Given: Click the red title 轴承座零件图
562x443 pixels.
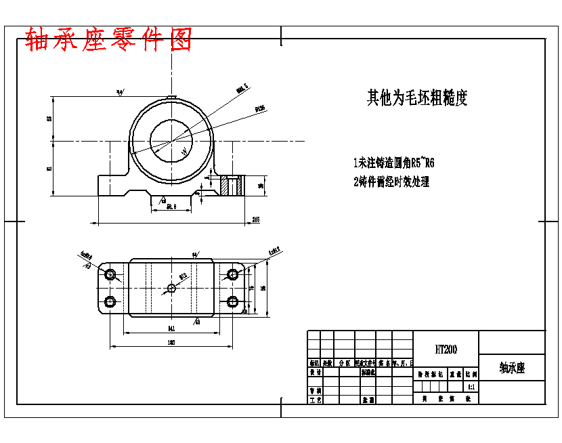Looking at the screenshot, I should tap(108, 40).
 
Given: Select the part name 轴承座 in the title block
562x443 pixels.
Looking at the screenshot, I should tap(512, 368).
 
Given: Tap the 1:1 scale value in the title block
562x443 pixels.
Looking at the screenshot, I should tap(471, 387).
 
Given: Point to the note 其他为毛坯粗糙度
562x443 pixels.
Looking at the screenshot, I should tap(417, 98).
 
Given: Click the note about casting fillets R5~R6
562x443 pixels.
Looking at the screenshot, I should tap(393, 163).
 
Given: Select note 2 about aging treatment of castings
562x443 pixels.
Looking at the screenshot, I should tap(391, 182).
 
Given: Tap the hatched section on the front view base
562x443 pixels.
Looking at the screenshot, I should tap(231, 186).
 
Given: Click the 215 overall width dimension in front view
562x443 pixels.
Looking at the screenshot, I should tap(256, 219).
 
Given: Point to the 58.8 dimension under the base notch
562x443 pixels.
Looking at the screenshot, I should tap(171, 207).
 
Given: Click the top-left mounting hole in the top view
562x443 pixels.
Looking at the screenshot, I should tap(111, 275).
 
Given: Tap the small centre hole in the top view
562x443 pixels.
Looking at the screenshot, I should tap(171, 289).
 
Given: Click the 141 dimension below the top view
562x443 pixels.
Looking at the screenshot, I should tap(171, 329).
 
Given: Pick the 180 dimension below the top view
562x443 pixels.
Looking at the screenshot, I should tap(171, 343).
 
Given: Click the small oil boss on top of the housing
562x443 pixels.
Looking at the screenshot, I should tap(172, 97).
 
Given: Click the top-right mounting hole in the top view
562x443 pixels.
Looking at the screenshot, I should tap(232, 275).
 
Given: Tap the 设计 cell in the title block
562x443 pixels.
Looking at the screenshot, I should tap(315, 372).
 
